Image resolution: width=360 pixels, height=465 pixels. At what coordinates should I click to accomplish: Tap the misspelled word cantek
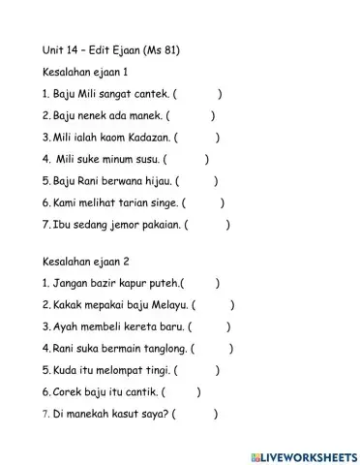153,94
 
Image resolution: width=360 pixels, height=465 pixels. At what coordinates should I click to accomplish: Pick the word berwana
111,181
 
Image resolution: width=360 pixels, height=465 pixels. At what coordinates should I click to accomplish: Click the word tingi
153,370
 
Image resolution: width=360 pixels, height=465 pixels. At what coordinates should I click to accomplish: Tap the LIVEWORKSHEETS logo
302,455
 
